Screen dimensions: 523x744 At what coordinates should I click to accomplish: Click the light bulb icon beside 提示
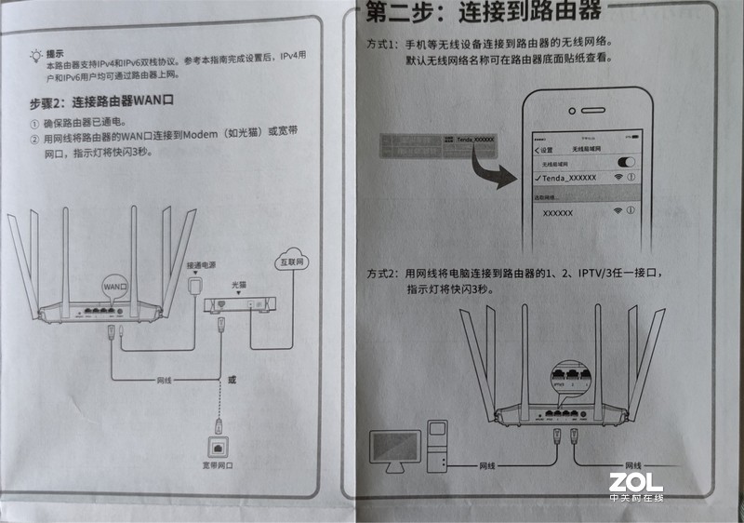(35, 54)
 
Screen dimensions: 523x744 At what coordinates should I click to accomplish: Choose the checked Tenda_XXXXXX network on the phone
(567, 177)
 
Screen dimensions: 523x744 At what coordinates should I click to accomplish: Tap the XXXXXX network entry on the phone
(558, 212)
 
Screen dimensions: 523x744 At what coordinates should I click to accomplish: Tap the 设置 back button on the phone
(544, 150)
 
